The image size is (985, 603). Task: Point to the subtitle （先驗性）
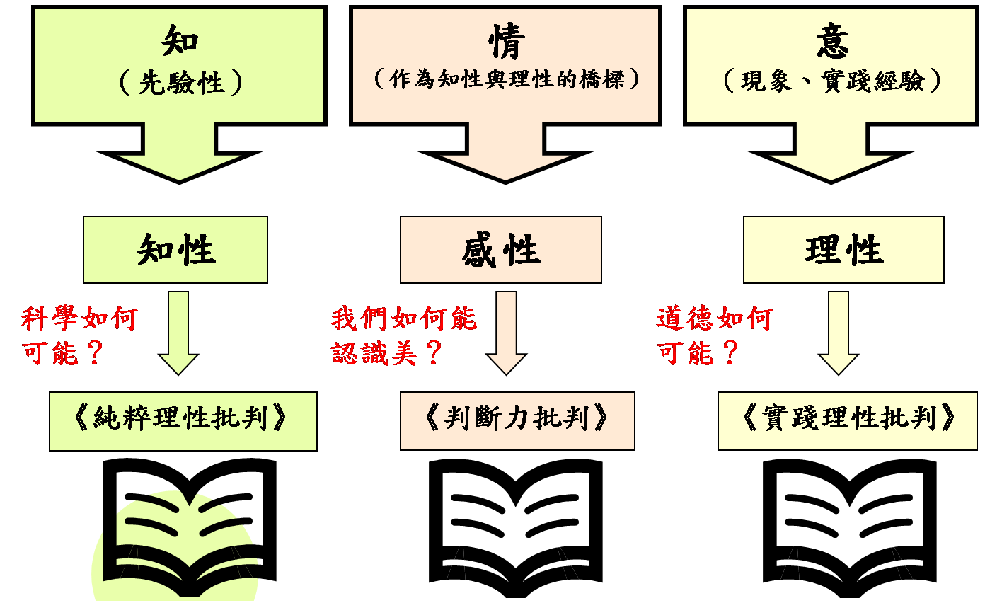[180, 83]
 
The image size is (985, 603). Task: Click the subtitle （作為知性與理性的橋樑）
[505, 79]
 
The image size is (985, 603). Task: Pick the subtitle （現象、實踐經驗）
[832, 81]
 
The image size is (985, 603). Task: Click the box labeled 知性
[175, 250]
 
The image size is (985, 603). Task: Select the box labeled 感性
[501, 250]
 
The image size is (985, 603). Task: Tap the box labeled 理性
[843, 250]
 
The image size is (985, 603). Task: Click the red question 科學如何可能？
[78, 335]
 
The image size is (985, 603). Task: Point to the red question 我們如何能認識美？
[403, 335]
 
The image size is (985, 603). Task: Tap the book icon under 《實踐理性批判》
[849, 524]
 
